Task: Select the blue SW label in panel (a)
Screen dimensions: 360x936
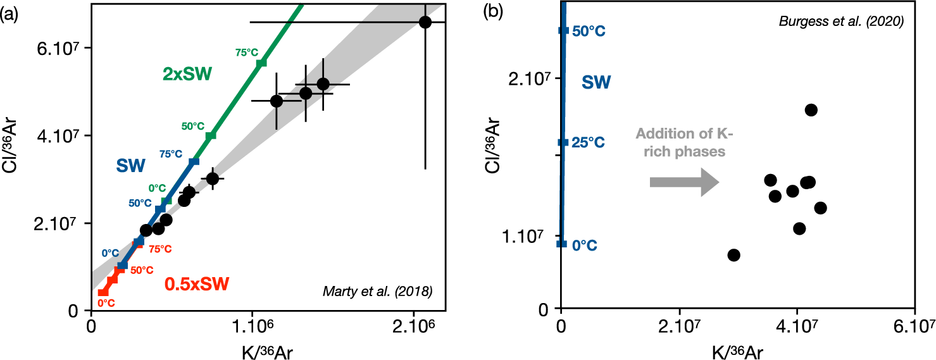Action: [x=131, y=166]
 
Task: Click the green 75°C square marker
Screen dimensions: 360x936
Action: [x=261, y=63]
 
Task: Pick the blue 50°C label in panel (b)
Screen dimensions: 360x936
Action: [x=589, y=31]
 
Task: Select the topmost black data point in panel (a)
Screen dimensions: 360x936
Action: [x=425, y=22]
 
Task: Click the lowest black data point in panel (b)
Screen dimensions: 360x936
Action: [x=733, y=255]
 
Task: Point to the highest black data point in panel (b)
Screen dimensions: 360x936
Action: [x=811, y=110]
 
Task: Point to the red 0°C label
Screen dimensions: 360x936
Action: [x=106, y=303]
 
